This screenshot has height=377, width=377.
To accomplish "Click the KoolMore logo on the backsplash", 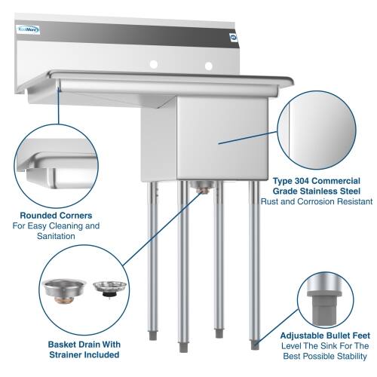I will pos(28,29).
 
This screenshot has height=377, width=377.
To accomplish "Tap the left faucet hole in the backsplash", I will pos(152,65).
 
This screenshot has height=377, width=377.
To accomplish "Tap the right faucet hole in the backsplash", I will pos(207,66).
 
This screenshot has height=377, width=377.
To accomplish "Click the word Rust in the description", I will pos(271,201).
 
